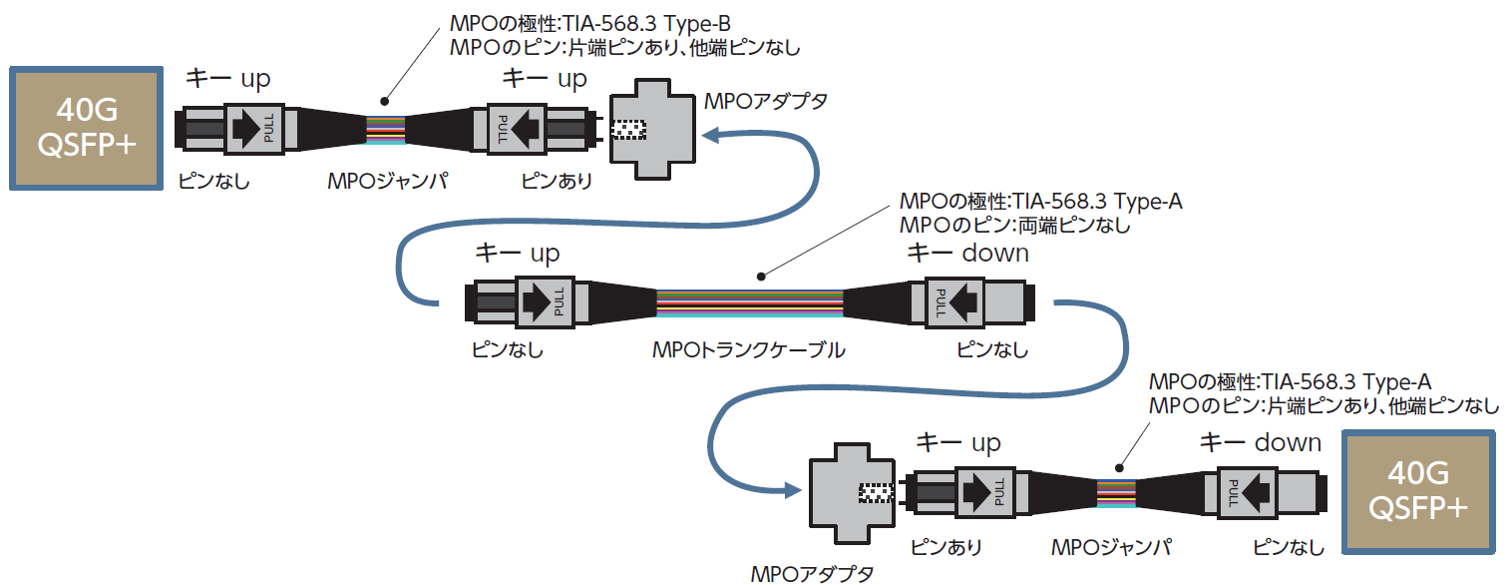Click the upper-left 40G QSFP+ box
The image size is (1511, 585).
(x=86, y=128)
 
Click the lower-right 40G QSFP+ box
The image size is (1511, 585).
(x=1419, y=491)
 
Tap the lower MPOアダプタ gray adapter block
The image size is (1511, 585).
(x=850, y=493)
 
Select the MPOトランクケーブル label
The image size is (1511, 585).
(x=748, y=350)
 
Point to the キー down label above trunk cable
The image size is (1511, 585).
(x=966, y=253)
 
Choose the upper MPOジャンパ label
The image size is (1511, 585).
(x=388, y=181)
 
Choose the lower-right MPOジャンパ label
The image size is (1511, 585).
(x=1111, y=547)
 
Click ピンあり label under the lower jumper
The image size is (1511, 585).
(x=945, y=547)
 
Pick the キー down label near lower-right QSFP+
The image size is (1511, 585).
(x=1260, y=442)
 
